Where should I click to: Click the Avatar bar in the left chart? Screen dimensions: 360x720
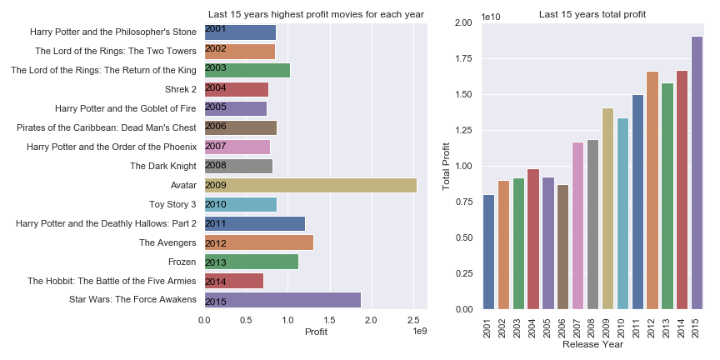(x=311, y=185)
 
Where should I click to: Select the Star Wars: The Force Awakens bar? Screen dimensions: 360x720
(x=282, y=300)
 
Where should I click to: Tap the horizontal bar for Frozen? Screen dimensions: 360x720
(x=251, y=262)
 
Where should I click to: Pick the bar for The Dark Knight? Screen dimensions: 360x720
(x=238, y=166)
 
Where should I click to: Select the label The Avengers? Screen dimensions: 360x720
(x=167, y=242)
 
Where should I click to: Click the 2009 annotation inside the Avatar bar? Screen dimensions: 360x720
(x=216, y=185)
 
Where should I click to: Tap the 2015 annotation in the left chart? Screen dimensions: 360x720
(x=216, y=300)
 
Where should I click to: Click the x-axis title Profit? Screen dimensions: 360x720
(x=316, y=332)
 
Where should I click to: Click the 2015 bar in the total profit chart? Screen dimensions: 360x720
(x=696, y=172)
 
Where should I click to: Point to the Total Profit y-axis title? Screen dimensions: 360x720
(x=447, y=166)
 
